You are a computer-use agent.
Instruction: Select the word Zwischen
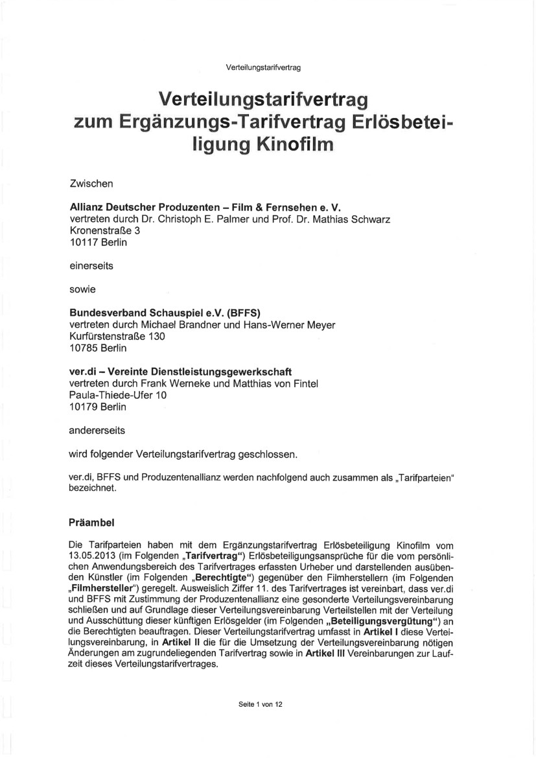pyautogui.click(x=91, y=184)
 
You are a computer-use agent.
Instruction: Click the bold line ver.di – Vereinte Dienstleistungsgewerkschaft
pyautogui.click(x=180, y=372)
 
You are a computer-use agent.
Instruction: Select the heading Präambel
pyautogui.click(x=95, y=522)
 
